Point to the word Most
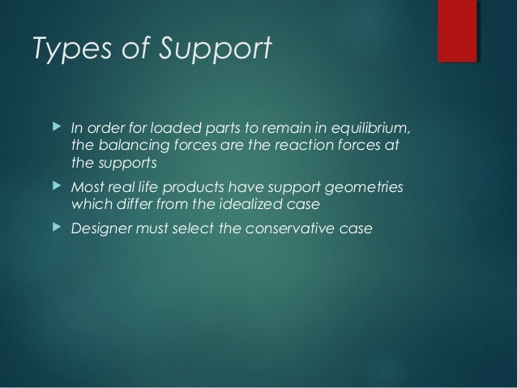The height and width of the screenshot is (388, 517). [87, 189]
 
